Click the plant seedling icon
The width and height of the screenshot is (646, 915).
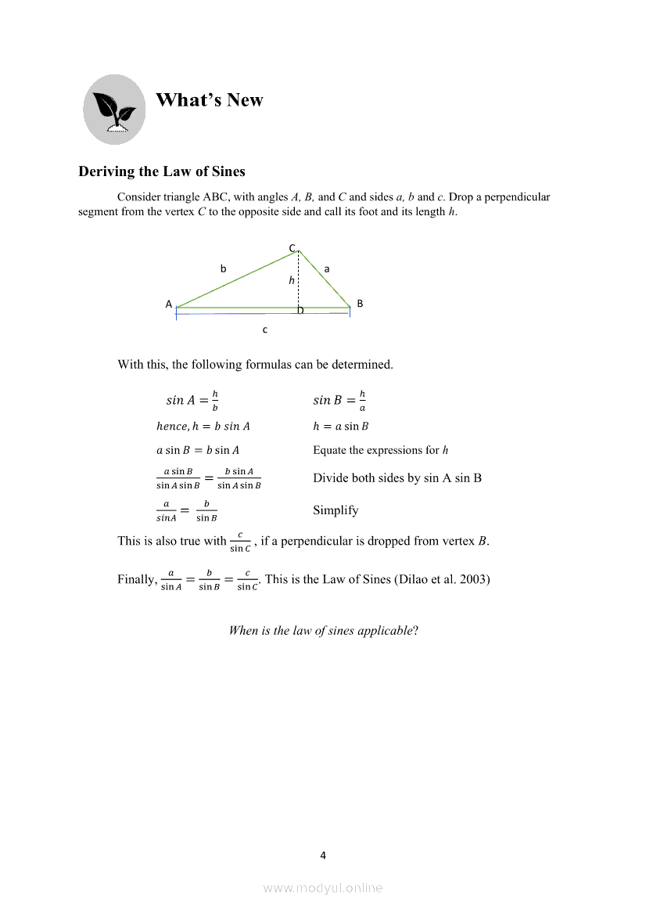click(114, 110)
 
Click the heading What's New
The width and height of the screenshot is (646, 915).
click(210, 100)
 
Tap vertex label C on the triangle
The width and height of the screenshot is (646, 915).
click(292, 248)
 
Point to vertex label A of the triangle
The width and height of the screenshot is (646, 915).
click(168, 304)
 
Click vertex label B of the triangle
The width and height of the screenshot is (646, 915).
click(360, 303)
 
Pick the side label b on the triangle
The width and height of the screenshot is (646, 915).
click(223, 268)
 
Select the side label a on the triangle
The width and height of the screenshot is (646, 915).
click(327, 268)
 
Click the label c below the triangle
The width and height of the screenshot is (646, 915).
click(265, 330)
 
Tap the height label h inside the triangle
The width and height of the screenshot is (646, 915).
click(291, 280)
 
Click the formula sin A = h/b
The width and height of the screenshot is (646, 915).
click(192, 400)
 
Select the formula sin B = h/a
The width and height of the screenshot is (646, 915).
click(340, 400)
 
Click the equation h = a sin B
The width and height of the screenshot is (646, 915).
click(341, 427)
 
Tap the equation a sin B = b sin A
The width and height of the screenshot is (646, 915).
click(198, 450)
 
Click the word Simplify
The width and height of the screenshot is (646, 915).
click(336, 510)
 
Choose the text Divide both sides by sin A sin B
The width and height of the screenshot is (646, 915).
click(397, 477)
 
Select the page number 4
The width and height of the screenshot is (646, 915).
click(323, 855)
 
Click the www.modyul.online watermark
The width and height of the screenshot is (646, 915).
click(323, 888)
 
